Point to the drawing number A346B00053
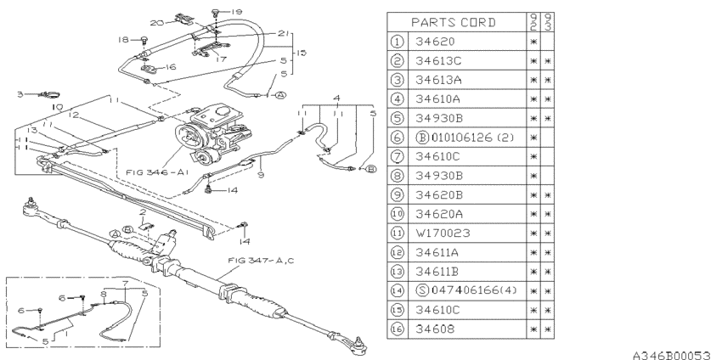[x=671, y=351]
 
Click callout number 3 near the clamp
[x=20, y=94]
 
